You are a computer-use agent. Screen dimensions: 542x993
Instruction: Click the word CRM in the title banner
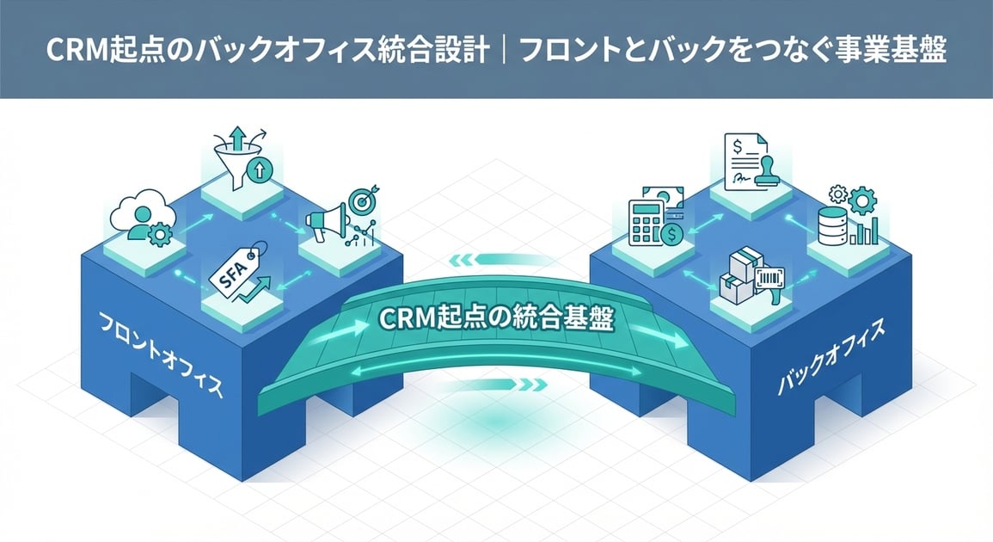coord(72,51)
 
